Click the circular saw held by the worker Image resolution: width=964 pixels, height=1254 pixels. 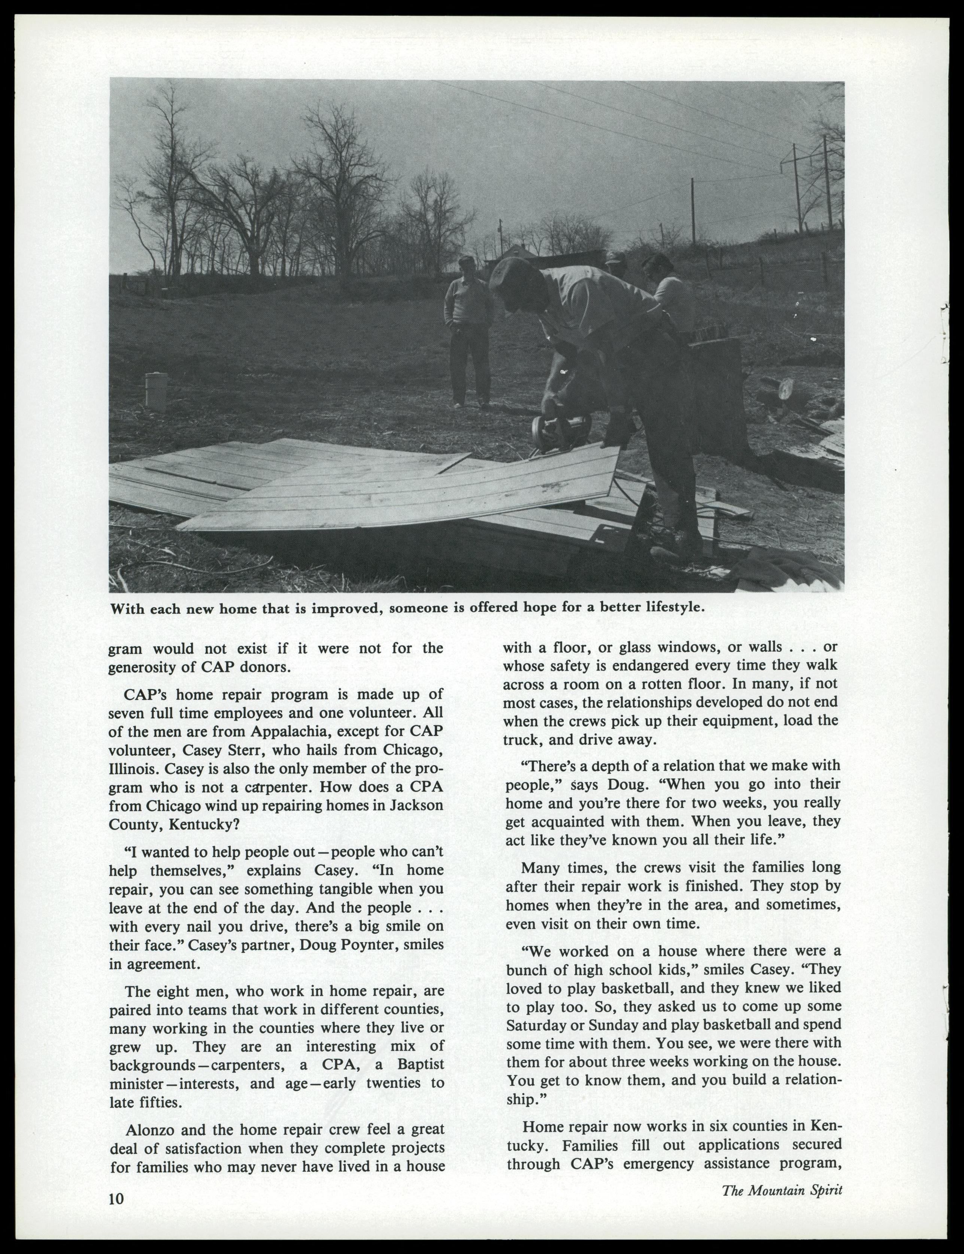[560, 429]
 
